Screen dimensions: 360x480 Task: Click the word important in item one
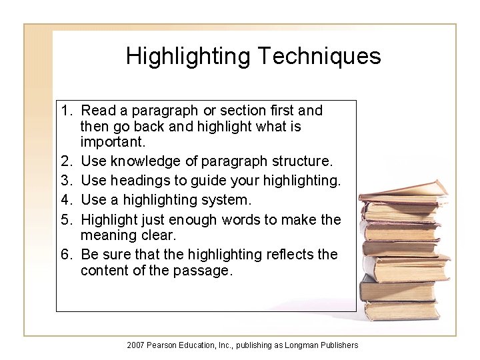click(111, 143)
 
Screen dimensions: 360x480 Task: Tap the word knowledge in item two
click(143, 161)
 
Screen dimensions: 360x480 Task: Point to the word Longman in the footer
click(305, 345)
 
